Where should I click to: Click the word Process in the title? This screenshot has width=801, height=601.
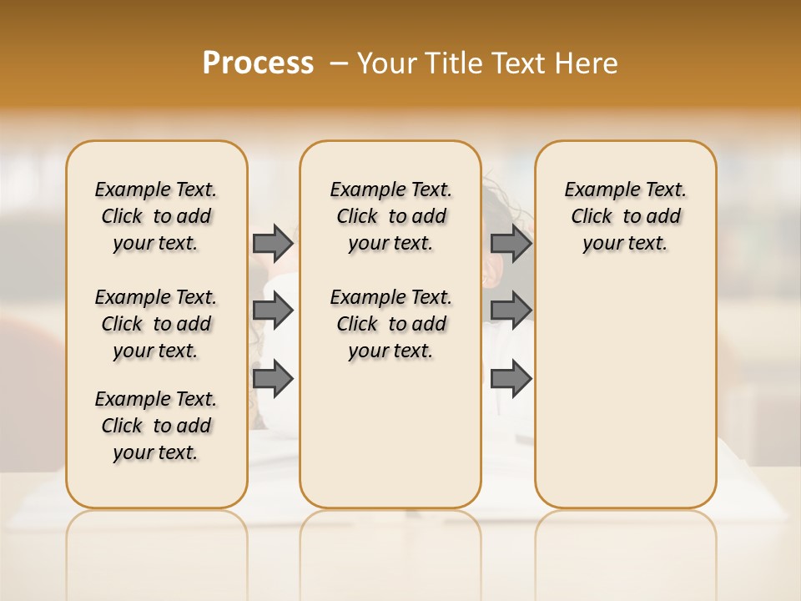click(258, 63)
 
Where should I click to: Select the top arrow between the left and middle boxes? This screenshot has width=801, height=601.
click(273, 243)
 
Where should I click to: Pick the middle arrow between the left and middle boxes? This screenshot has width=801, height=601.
click(273, 311)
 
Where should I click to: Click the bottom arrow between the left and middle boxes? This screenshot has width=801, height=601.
click(273, 378)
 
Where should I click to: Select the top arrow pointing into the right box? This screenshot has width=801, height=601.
click(511, 243)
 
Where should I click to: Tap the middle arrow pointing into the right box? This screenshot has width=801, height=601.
click(511, 311)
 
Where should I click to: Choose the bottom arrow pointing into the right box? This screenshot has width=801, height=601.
click(511, 378)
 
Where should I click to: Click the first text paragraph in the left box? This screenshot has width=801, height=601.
click(156, 216)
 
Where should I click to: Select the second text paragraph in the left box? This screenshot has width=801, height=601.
click(156, 324)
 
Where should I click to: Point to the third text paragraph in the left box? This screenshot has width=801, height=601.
click(156, 426)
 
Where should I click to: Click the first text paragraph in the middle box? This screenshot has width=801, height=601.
click(390, 216)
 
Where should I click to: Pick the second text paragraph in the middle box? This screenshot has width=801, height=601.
click(390, 324)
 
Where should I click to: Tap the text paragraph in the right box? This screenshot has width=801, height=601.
click(625, 216)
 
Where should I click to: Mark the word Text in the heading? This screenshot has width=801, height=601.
click(519, 63)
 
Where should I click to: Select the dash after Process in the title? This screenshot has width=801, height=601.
click(338, 63)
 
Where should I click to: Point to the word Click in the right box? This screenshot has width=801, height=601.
click(592, 217)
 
